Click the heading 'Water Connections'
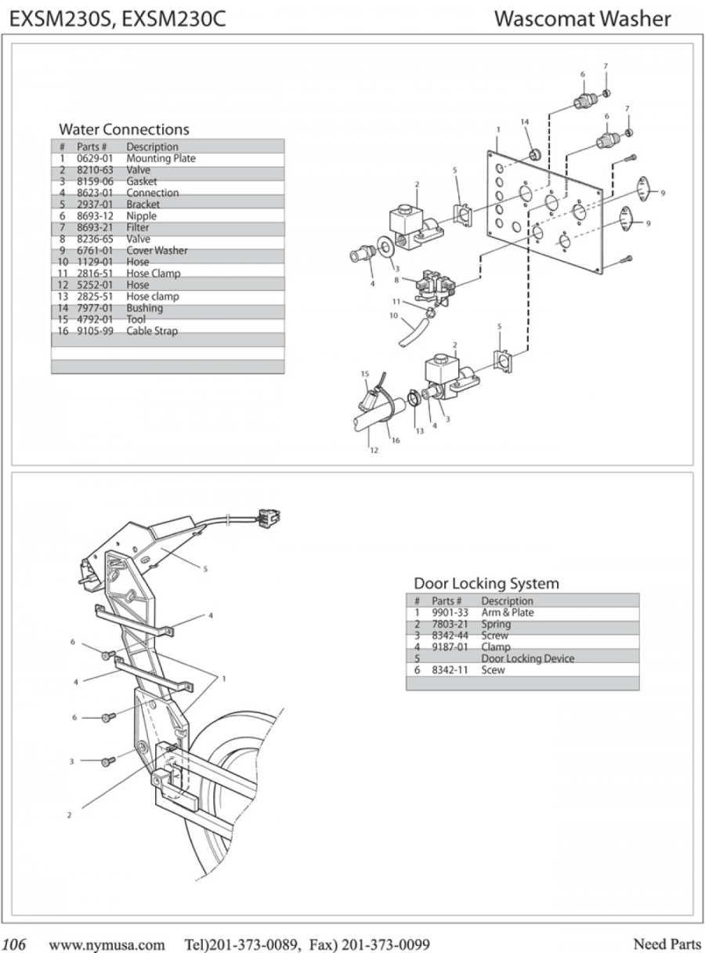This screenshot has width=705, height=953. (124, 129)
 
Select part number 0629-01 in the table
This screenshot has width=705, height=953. (95, 158)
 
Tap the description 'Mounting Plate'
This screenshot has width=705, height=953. (161, 158)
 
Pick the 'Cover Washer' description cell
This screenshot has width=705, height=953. (157, 251)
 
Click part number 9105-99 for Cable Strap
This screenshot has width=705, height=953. (95, 332)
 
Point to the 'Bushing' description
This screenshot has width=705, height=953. (144, 308)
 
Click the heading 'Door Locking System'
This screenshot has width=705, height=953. (486, 583)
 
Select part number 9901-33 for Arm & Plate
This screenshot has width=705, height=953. (450, 613)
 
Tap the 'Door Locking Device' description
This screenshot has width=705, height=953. (527, 659)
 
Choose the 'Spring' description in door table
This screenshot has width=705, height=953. (496, 625)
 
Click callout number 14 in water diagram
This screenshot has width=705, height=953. (525, 121)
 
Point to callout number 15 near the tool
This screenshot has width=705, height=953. (364, 375)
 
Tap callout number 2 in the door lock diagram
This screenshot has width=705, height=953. (69, 815)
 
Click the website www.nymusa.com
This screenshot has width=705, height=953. (107, 944)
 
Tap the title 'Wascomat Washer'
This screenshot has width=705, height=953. (582, 19)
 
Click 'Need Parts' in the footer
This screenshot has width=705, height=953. (667, 944)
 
